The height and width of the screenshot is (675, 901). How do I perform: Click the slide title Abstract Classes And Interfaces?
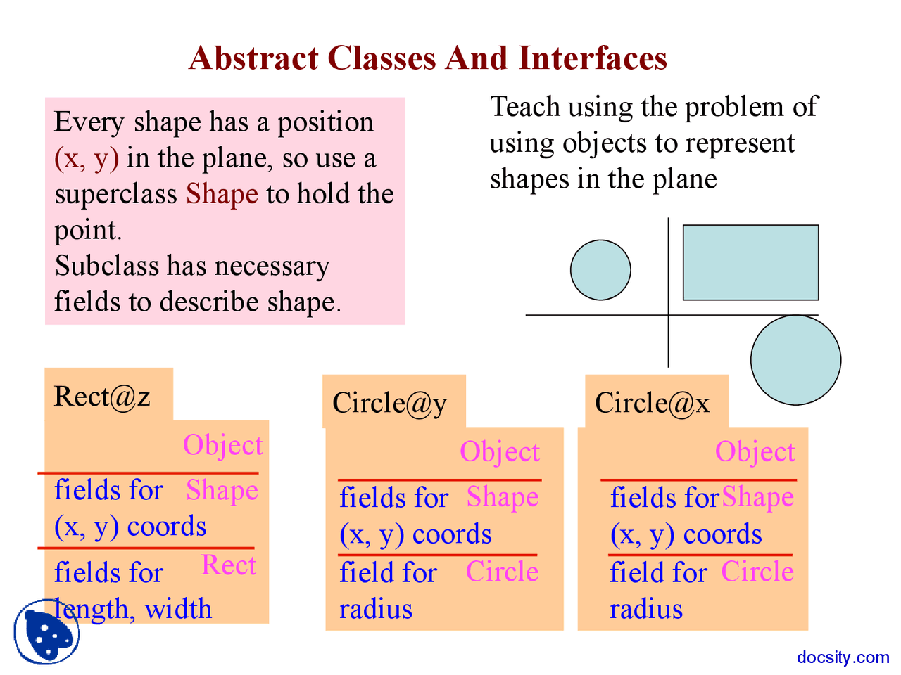(x=427, y=58)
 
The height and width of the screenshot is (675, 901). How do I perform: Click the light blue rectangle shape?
(x=750, y=262)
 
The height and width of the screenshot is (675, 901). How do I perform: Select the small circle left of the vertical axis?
(x=600, y=270)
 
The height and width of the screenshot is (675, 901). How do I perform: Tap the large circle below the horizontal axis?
(x=795, y=360)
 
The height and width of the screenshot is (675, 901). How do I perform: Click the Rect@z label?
(x=102, y=397)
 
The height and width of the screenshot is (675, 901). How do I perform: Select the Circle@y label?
(x=389, y=404)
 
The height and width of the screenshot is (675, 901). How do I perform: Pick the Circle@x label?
(x=652, y=404)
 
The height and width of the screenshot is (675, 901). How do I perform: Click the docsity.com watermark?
(x=843, y=657)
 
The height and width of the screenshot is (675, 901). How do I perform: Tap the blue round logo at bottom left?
(x=46, y=632)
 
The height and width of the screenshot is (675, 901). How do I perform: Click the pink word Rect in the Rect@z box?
(x=228, y=565)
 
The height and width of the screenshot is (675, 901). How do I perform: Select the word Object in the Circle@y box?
(x=500, y=452)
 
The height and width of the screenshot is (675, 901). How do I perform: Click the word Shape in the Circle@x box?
(x=757, y=497)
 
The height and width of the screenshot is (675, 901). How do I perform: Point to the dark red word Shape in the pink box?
(x=222, y=194)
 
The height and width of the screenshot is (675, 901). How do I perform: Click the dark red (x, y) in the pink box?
(x=87, y=158)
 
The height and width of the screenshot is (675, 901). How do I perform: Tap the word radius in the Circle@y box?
(x=376, y=609)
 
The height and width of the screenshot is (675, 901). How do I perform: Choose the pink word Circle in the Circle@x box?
(x=757, y=572)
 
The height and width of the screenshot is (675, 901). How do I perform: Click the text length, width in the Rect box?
(x=134, y=609)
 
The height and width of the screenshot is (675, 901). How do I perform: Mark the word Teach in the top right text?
(x=524, y=107)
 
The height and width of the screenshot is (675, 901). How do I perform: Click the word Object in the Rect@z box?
(x=222, y=446)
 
